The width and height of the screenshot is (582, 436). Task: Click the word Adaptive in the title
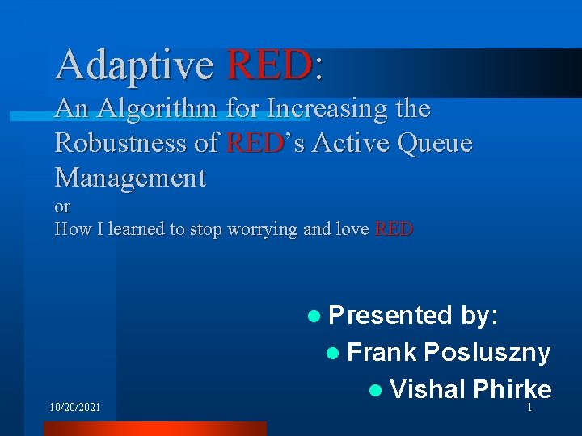pyautogui.click(x=134, y=65)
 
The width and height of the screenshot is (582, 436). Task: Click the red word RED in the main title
pyautogui.click(x=270, y=65)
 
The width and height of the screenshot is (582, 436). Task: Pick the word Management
pyautogui.click(x=130, y=178)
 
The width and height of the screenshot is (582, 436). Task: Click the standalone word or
pyautogui.click(x=62, y=208)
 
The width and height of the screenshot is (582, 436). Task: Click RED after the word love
pyautogui.click(x=394, y=229)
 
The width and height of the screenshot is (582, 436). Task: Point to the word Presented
pyautogui.click(x=390, y=315)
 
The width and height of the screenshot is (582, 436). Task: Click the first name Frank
pyautogui.click(x=382, y=352)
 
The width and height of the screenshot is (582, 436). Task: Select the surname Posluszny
pyautogui.click(x=487, y=352)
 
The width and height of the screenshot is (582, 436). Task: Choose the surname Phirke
pyautogui.click(x=512, y=389)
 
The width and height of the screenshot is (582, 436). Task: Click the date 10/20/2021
pyautogui.click(x=75, y=408)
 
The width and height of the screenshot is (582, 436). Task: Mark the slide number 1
pyautogui.click(x=529, y=408)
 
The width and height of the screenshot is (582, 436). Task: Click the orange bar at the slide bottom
pyautogui.click(x=154, y=429)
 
